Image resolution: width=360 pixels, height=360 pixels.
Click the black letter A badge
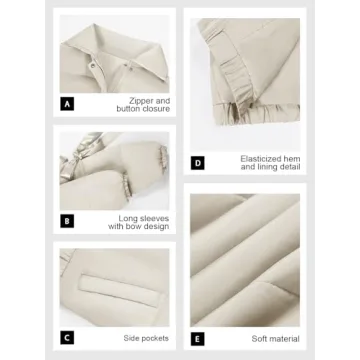pos(67,104)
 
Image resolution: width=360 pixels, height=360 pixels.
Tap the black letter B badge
pos(67,221)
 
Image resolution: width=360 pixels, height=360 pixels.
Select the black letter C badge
pos(67,338)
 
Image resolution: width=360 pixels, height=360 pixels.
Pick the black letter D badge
pos(198,163)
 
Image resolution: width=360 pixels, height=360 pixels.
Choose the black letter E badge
pos(198,339)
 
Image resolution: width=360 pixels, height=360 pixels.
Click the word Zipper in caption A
pos(142,101)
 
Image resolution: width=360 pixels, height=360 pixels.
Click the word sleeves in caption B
pos(154,219)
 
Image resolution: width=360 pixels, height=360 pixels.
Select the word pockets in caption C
pos(155,338)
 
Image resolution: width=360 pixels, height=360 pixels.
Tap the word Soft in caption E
pos(259,339)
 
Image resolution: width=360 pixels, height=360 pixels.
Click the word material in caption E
pos(284,339)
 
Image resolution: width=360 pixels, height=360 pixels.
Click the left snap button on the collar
pos(92,67)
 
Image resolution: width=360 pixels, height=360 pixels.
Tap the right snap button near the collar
pos(132,68)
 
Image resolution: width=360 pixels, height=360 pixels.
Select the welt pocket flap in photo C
pos(118,286)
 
